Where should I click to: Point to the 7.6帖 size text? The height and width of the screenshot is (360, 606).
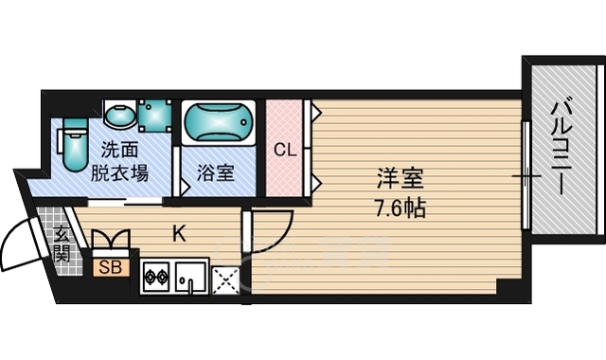(400, 207)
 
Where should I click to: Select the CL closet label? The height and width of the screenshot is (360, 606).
(284, 149)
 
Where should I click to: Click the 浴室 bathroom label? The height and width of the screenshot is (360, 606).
(215, 173)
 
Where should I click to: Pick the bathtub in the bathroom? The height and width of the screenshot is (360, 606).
(219, 123)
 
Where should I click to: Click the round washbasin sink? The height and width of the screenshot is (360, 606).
(118, 117)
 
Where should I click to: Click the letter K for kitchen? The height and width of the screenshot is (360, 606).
(178, 230)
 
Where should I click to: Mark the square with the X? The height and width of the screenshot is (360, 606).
(225, 279)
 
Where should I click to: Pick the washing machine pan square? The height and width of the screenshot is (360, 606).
(153, 117)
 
